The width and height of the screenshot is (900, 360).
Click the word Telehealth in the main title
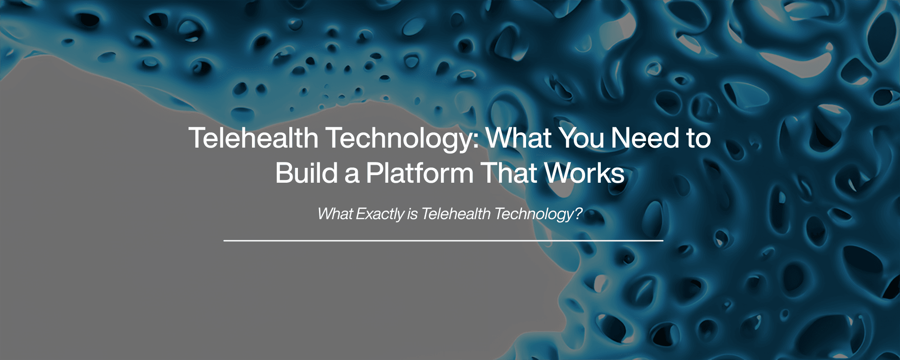click(x=253, y=138)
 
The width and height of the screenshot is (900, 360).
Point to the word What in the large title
click(x=519, y=138)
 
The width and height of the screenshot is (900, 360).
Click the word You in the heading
click(x=581, y=138)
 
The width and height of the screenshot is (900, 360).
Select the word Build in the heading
click(x=306, y=173)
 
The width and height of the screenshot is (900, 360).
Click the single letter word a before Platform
click(x=352, y=176)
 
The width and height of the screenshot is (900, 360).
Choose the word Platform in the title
click(x=419, y=173)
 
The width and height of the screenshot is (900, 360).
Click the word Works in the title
click(x=584, y=173)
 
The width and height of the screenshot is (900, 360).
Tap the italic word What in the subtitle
click(x=335, y=214)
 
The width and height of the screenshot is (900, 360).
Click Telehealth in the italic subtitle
click(x=456, y=214)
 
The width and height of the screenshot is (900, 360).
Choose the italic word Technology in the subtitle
click(x=534, y=215)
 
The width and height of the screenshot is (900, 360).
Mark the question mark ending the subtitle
click(x=578, y=214)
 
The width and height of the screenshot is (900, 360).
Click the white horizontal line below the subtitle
click(x=444, y=241)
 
